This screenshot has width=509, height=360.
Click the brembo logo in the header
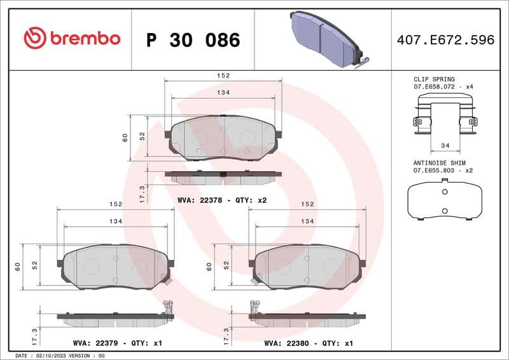71,38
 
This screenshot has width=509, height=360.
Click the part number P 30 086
193,40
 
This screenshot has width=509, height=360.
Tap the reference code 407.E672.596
445,40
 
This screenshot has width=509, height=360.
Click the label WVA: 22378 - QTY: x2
222,200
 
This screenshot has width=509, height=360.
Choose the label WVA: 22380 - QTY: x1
309,343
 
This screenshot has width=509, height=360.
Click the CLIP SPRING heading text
434,80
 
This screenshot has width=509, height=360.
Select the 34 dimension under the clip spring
445,146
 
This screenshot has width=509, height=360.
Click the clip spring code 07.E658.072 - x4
443,87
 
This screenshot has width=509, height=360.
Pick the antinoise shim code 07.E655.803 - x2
443,170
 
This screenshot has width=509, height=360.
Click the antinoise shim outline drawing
445,200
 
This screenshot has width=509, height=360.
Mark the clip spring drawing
445,114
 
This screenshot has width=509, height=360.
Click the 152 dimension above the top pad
223,75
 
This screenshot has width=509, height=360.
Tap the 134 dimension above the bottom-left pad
115,221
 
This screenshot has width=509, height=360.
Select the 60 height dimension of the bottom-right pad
209,267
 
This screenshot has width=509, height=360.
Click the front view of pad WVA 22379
115,267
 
